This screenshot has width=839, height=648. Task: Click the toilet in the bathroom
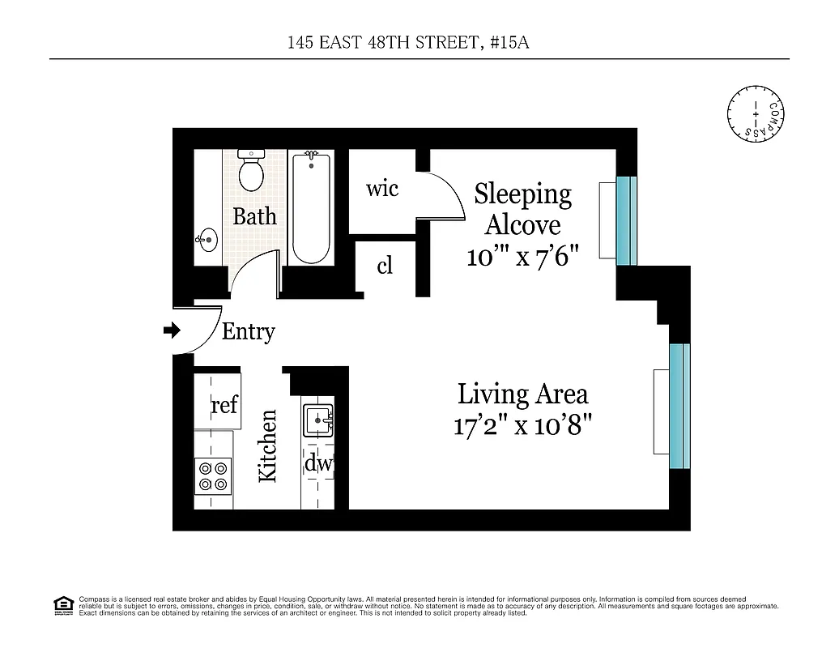tap(252, 170)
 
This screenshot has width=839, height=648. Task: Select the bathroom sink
tap(207, 239)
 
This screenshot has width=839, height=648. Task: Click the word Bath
tap(254, 216)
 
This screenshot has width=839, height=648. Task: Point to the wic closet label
tap(382, 189)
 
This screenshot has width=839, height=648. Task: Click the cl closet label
tap(385, 266)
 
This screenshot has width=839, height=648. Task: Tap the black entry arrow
tap(172, 330)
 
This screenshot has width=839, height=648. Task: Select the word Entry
tap(248, 332)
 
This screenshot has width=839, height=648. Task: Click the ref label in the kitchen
tap(224, 404)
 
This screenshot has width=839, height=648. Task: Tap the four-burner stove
tap(213, 475)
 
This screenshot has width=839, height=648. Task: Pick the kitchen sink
tap(318, 420)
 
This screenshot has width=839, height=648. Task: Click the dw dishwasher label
tap(317, 465)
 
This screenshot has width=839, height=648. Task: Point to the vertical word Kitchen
tap(268, 446)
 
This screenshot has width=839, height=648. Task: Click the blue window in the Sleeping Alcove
tap(627, 220)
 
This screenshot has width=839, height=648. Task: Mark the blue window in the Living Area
tap(679, 407)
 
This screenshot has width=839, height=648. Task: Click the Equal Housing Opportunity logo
tap(62, 604)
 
